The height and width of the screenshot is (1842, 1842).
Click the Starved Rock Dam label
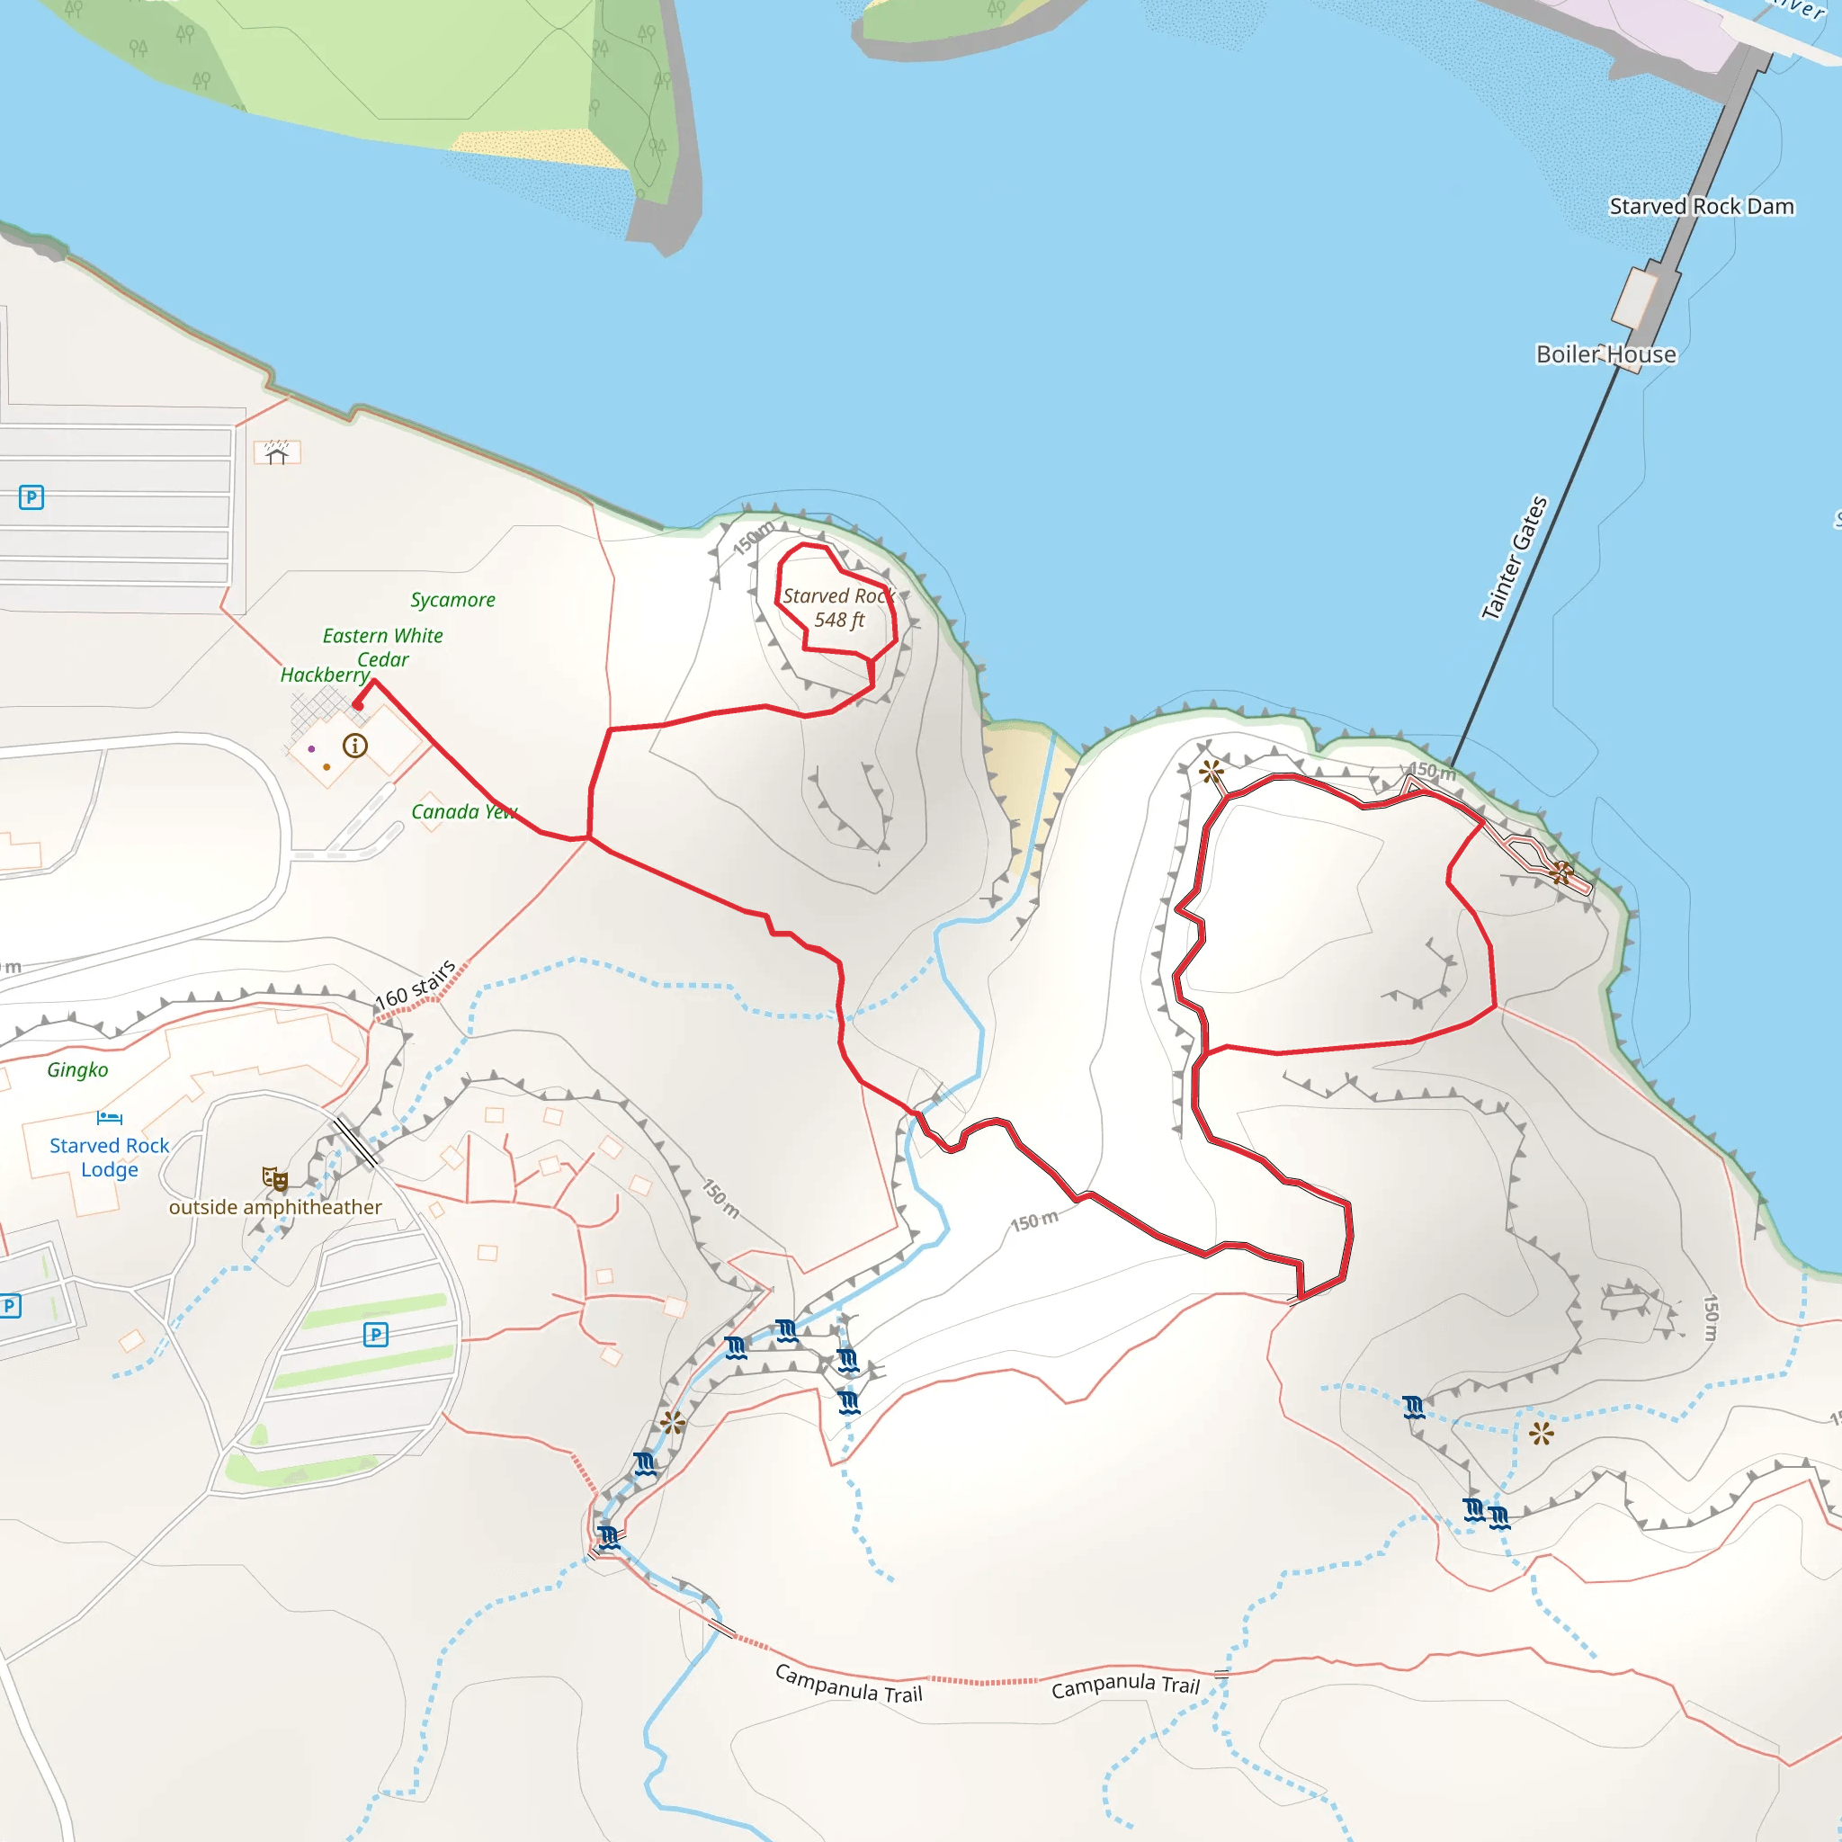pos(1701,207)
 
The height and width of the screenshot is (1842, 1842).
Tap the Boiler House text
pos(1605,354)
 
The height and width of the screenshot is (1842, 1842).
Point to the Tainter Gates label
pos(1513,558)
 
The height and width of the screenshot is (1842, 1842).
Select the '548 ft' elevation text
pos(839,621)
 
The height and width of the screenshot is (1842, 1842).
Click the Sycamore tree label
pos(453,600)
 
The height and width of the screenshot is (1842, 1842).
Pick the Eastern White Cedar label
pos(382,648)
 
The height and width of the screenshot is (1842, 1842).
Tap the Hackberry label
pos(324,675)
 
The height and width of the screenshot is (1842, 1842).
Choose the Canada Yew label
pos(463,811)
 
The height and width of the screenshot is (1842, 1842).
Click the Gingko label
pos(78,1069)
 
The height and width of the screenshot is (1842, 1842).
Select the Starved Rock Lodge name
pos(110,1158)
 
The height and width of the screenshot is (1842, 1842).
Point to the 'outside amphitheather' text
pos(275,1207)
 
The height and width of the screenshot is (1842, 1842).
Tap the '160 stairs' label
pos(415,985)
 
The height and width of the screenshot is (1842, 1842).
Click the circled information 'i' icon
pos(354,746)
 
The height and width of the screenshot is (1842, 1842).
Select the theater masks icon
pos(275,1179)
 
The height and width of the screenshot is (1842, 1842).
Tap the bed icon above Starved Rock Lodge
pos(110,1117)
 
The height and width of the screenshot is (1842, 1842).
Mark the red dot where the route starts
pos(358,705)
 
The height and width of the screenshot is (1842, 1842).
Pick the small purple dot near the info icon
pos(312,748)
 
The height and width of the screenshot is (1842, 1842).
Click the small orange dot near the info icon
pos(327,766)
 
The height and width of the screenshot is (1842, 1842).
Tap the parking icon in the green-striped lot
pos(376,1335)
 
